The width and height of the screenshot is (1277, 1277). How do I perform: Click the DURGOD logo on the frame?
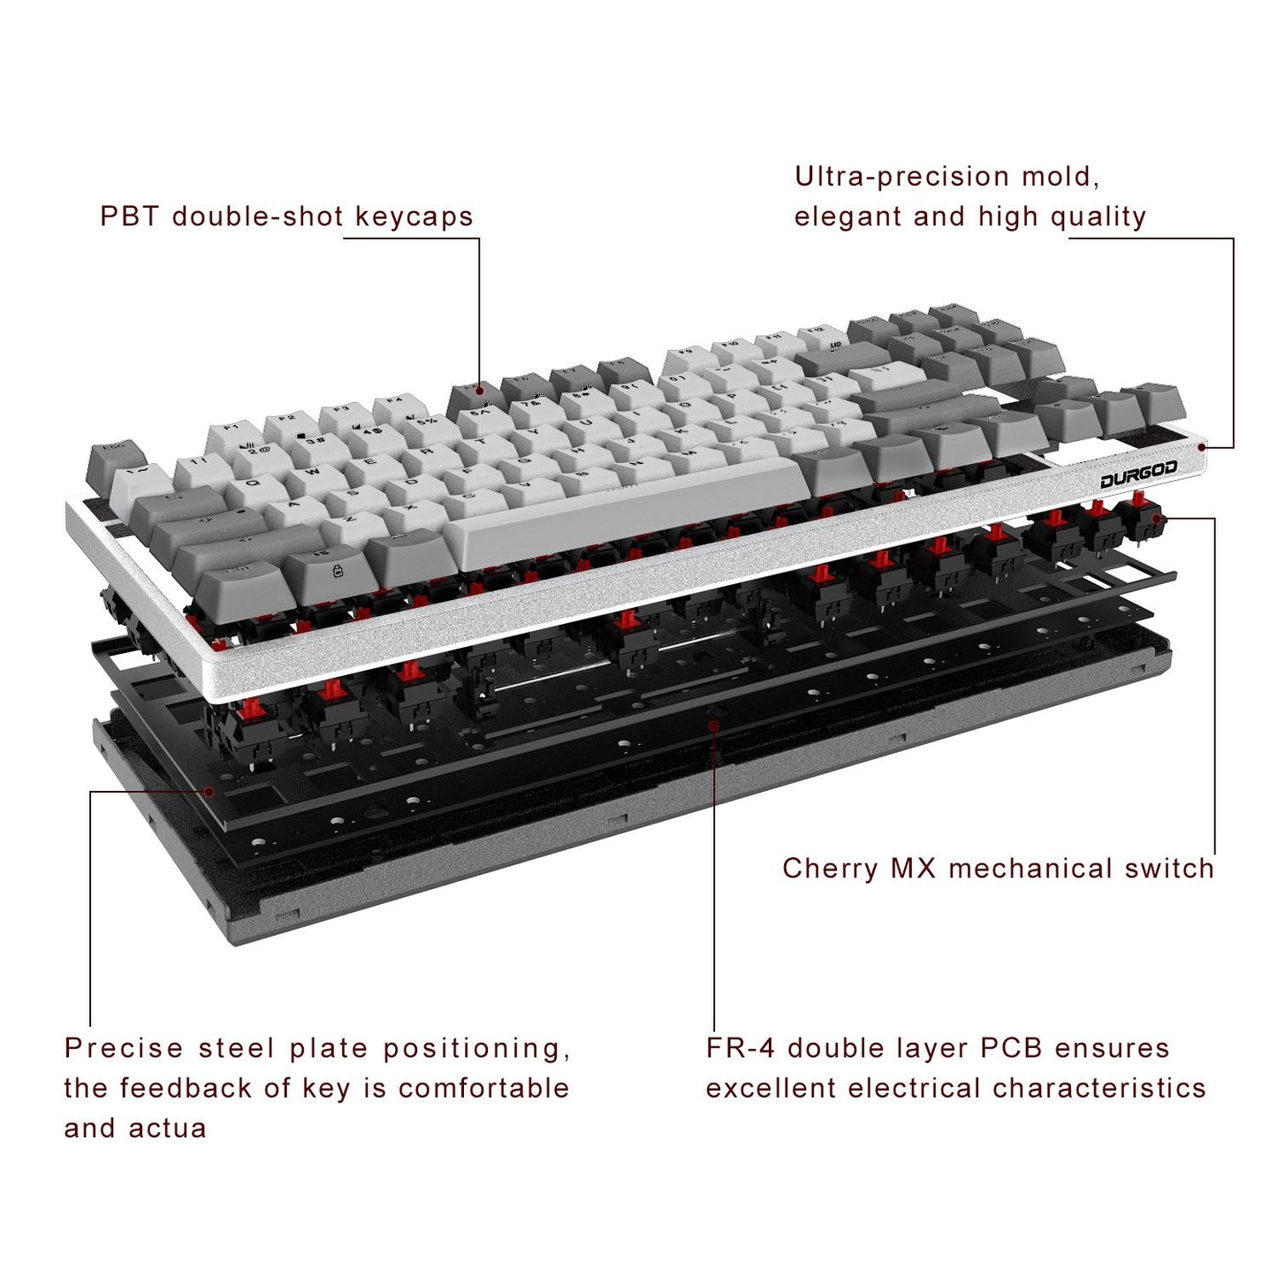tap(1138, 475)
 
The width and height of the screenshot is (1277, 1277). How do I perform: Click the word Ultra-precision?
tap(901, 177)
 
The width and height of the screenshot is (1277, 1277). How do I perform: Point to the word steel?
tap(237, 1048)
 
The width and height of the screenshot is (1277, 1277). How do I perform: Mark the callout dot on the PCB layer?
tap(713, 725)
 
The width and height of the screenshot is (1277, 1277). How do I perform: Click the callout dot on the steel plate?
tap(209, 791)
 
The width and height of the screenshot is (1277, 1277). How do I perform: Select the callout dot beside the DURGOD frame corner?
tap(1202, 448)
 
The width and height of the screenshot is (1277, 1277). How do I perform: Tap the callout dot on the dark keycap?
tap(478, 390)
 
